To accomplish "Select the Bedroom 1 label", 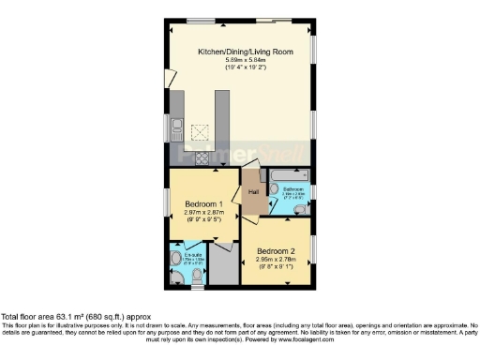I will (203, 204).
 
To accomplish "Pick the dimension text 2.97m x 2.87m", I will (203, 213).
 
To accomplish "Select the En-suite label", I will (193, 254).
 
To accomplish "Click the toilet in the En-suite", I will (176, 259).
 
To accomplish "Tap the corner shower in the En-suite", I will (177, 277).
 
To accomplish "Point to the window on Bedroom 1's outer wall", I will (167, 202).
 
